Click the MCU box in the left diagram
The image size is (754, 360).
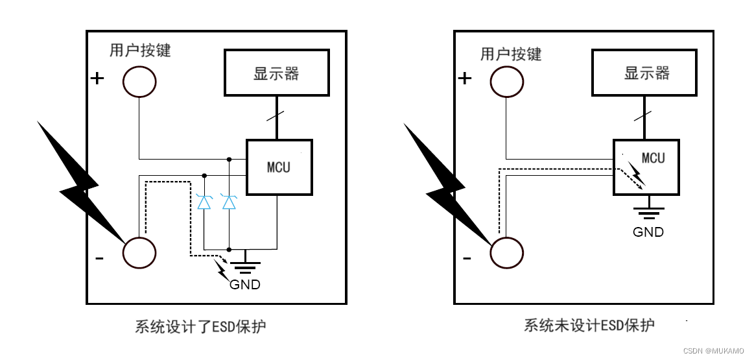click(279, 167)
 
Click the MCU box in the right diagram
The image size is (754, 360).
click(646, 167)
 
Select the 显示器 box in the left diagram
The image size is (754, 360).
click(277, 73)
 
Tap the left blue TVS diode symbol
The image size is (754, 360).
click(204, 202)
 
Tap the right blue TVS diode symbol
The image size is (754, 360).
click(229, 202)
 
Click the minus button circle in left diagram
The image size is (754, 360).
click(139, 252)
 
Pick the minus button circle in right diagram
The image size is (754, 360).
click(506, 252)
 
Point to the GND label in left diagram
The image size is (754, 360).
click(245, 284)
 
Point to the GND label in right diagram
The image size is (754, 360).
click(648, 232)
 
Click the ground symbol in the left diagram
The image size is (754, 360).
click(246, 267)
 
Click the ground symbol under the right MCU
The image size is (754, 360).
click(648, 213)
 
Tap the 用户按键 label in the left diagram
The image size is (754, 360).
click(140, 51)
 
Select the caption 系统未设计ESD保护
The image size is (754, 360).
click(589, 325)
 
